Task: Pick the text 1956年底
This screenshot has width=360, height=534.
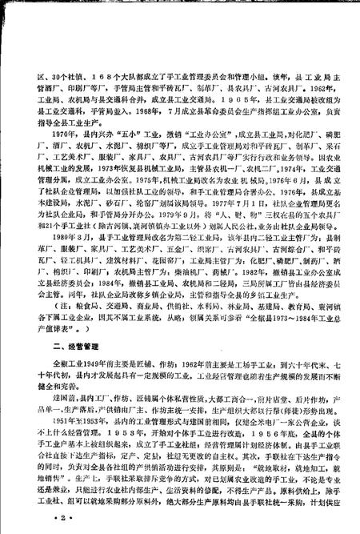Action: (x=271, y=428)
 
